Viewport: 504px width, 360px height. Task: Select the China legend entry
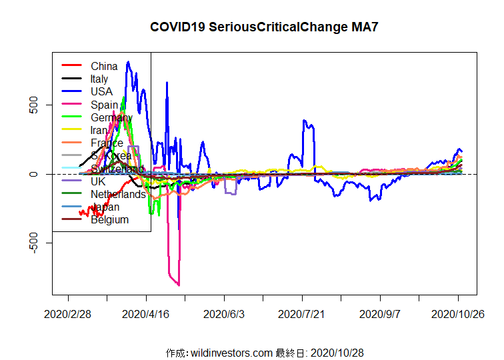pos(104,66)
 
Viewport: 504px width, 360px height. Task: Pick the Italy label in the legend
pos(99,79)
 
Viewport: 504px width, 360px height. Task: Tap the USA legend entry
pos(101,91)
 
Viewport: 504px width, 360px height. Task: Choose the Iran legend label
pos(99,130)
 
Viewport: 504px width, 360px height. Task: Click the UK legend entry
pos(98,181)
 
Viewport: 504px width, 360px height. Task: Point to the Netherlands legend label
pos(118,194)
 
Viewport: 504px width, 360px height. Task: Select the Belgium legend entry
pos(109,220)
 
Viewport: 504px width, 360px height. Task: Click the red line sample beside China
pos(71,66)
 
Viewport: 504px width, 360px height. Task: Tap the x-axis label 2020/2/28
pos(67,313)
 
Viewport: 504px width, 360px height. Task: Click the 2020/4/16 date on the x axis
pos(146,313)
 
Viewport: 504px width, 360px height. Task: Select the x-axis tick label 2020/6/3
pos(225,313)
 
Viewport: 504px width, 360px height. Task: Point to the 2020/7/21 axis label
pos(302,313)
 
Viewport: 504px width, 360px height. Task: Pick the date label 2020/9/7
pos(380,313)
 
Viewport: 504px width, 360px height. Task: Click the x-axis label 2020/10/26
pos(458,313)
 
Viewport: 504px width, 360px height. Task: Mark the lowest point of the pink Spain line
pos(179,285)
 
